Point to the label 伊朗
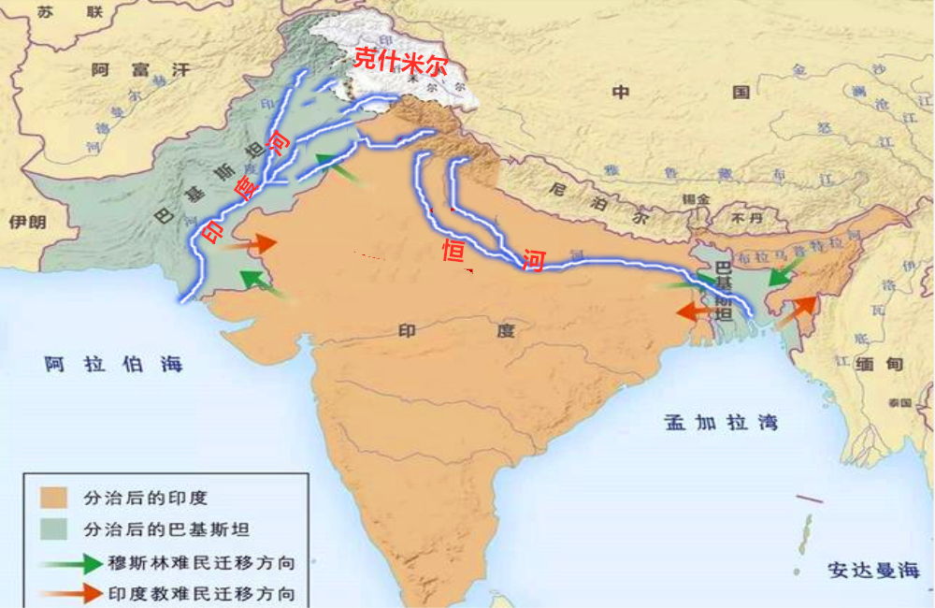(x=27, y=222)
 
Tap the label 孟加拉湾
(x=720, y=422)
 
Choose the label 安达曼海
(x=873, y=570)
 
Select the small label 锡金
(x=695, y=199)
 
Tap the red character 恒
(x=454, y=252)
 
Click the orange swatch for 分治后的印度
(x=54, y=498)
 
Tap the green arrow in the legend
(x=70, y=563)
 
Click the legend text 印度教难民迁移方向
(x=201, y=593)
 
